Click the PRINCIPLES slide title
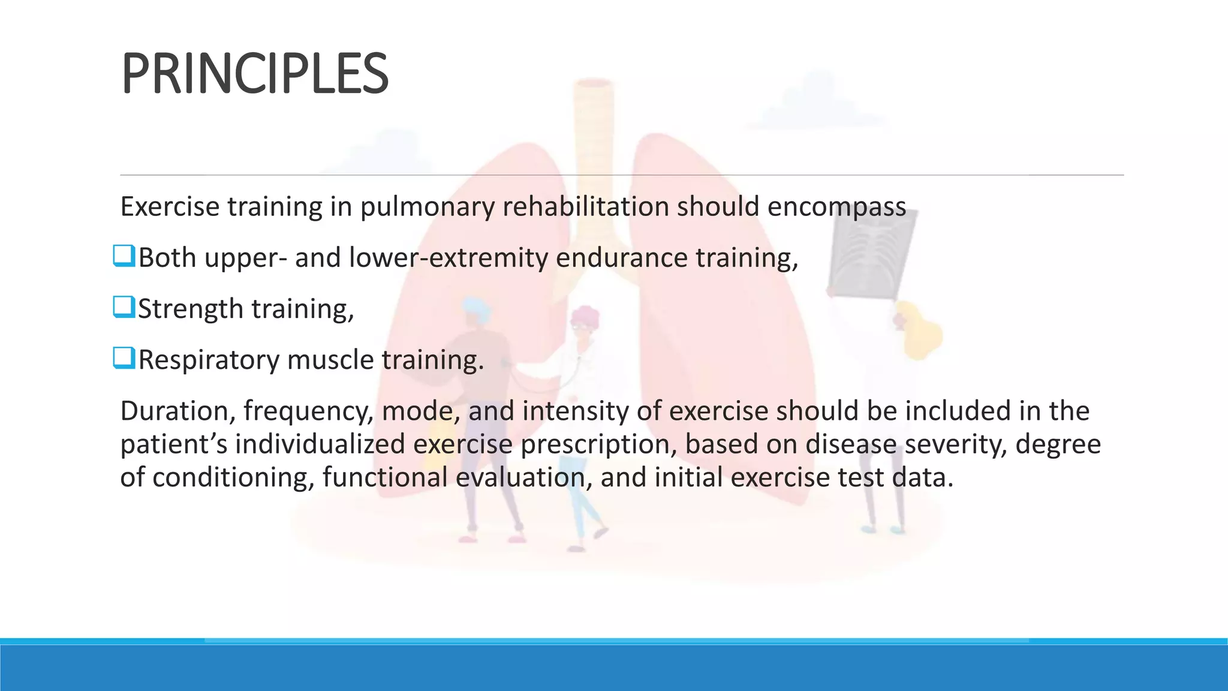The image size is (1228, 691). click(255, 74)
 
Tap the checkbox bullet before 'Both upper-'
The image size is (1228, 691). click(124, 257)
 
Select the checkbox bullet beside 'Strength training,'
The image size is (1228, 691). click(124, 308)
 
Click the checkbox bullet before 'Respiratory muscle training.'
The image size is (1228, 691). click(124, 359)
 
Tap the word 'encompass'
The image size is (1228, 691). click(836, 208)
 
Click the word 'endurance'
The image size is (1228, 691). click(621, 258)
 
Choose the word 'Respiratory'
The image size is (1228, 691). click(208, 360)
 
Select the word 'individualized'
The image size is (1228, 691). click(319, 444)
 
